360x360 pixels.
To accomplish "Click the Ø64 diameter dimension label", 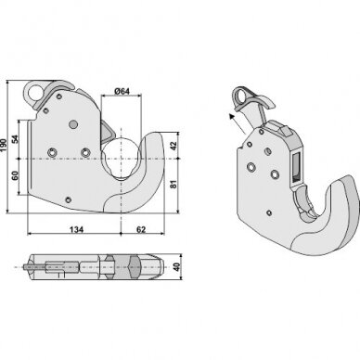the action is (x=122, y=91).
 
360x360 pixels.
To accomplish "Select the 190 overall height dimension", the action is (x=4, y=145).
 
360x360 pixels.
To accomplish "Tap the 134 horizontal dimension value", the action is (x=76, y=229).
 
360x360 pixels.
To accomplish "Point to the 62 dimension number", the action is (x=141, y=229).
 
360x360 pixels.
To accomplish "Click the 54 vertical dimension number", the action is (x=15, y=139).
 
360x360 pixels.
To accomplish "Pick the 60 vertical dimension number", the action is (x=15, y=175).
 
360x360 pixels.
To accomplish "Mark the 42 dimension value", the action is (x=174, y=146).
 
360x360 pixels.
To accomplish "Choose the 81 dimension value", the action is (x=174, y=184).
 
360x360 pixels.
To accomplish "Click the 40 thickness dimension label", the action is (x=176, y=267).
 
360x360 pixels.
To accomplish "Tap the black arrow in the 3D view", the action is (x=238, y=123).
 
